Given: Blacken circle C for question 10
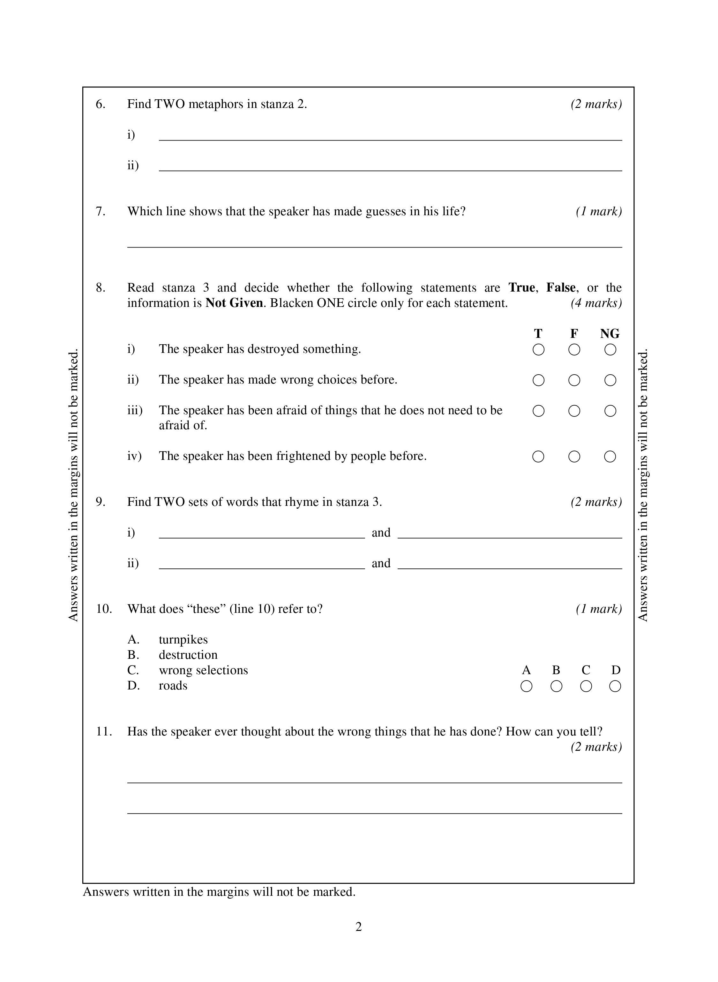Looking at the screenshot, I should click(586, 686).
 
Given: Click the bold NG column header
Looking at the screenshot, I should click(610, 334).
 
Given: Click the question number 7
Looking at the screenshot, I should click(101, 211).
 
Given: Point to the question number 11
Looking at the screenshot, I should click(104, 732).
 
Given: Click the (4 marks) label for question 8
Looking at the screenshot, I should click(596, 303).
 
